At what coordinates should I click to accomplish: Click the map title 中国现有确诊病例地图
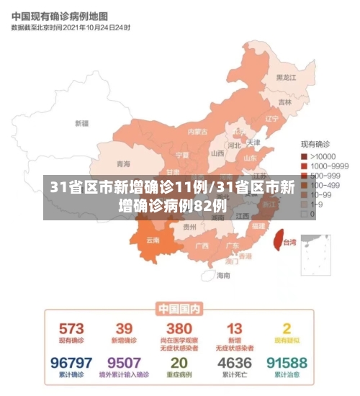point(60,15)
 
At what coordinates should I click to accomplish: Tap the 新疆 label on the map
point(81,123)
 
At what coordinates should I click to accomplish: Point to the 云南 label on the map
point(153,240)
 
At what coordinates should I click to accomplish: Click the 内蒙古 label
point(197,132)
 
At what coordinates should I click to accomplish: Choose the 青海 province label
point(124,164)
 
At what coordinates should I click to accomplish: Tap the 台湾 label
point(289,243)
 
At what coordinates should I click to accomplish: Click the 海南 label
point(224,274)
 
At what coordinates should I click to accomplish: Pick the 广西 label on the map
point(202,245)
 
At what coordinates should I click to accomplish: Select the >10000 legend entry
point(323,156)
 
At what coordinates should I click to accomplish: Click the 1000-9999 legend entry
point(328,166)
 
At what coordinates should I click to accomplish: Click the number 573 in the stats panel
point(71,328)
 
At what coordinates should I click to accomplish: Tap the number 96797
point(71,362)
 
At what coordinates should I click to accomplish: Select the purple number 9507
point(124,362)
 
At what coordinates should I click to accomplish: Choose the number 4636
point(235,362)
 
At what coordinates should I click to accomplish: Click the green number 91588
point(286,362)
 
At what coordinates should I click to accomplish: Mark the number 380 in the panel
point(179,328)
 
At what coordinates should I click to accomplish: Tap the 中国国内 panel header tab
point(179,308)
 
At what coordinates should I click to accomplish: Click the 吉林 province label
point(286,102)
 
